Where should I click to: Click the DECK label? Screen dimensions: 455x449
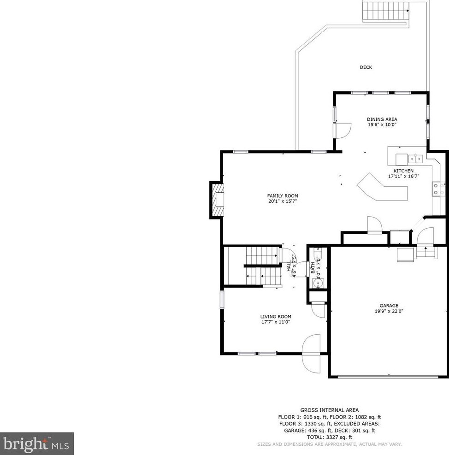pos(366,68)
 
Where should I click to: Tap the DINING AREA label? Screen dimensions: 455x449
pos(382,119)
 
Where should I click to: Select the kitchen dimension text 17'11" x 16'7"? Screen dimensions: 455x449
pos(403,176)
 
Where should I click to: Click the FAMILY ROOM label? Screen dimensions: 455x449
pos(283,196)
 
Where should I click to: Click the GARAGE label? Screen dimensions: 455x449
pos(389,305)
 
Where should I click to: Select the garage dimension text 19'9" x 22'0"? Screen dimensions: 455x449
pos(389,311)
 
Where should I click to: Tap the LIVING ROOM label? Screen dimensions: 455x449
pos(276,317)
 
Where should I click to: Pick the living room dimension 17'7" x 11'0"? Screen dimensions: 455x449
pos(276,323)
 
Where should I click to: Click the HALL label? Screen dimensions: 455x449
pos(289,266)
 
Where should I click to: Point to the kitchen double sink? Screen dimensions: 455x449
pos(417,159)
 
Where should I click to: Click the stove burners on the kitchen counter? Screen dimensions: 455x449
pos(438,189)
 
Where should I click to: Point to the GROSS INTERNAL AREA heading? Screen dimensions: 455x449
pos(329,410)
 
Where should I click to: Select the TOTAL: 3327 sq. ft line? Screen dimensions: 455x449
pos(329,437)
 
